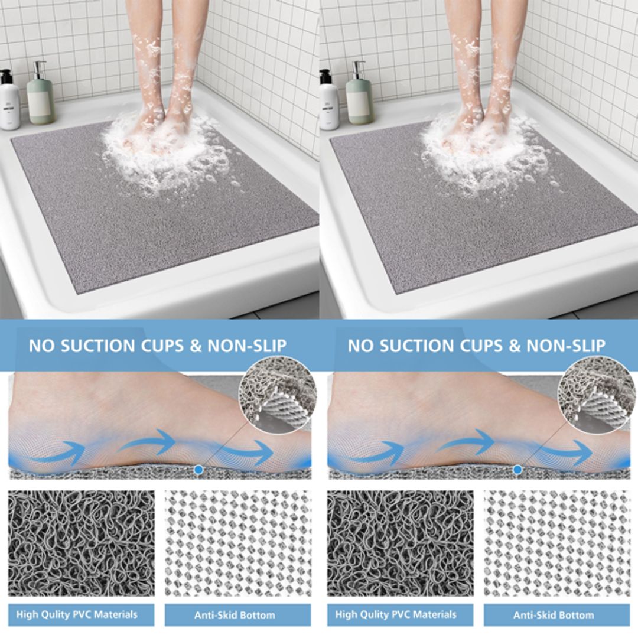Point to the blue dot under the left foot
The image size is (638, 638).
(198, 469)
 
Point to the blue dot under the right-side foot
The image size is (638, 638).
(517, 469)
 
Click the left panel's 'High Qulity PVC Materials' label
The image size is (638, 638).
(81, 614)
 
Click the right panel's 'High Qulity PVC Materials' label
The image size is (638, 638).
(400, 614)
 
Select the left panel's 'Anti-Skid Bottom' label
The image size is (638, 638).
(235, 615)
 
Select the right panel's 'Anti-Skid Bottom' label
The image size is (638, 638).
(554, 615)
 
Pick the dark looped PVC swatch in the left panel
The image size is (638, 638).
(81, 543)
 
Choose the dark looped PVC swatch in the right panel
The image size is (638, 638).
(400, 543)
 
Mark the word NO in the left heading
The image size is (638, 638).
(41, 346)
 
